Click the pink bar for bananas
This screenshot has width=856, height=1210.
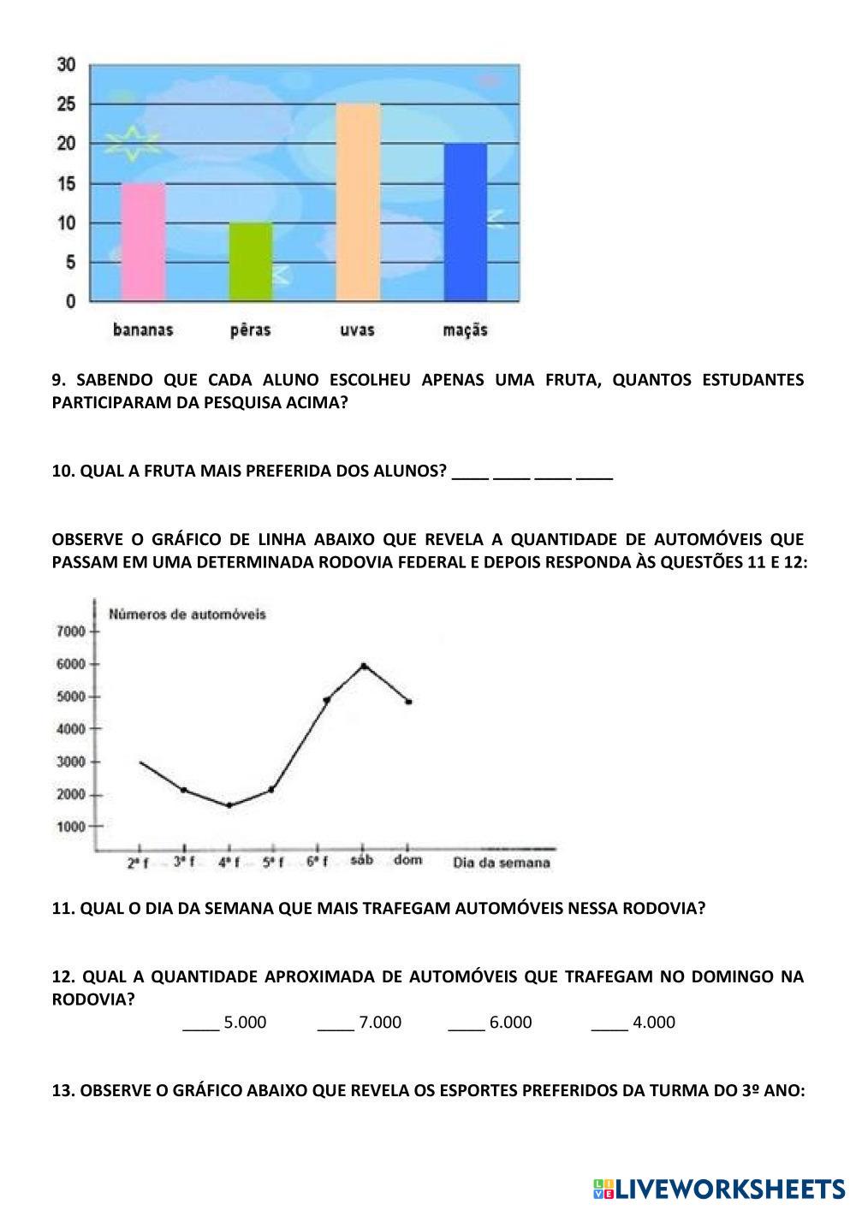pyautogui.click(x=143, y=242)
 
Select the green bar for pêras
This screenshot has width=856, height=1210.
pyautogui.click(x=251, y=262)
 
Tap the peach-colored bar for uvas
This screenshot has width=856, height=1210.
pyautogui.click(x=358, y=202)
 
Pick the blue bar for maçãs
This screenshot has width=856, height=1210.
pyautogui.click(x=465, y=222)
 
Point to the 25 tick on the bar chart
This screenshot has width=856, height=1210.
pyautogui.click(x=67, y=104)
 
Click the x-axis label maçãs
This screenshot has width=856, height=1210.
pyautogui.click(x=465, y=330)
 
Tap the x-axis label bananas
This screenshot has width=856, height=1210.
pyautogui.click(x=143, y=330)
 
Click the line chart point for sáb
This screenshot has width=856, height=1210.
pyautogui.click(x=364, y=665)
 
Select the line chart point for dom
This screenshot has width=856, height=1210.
pyautogui.click(x=408, y=702)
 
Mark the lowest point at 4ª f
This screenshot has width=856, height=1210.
pyautogui.click(x=229, y=805)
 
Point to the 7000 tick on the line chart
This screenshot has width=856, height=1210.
pyautogui.click(x=71, y=632)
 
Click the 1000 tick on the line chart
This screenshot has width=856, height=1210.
pyautogui.click(x=71, y=827)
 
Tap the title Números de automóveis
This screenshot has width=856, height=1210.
pyautogui.click(x=187, y=614)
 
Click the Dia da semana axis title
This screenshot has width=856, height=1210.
pyautogui.click(x=501, y=863)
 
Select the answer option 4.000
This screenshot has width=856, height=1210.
pyautogui.click(x=654, y=1023)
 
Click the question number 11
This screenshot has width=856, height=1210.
pyautogui.click(x=63, y=909)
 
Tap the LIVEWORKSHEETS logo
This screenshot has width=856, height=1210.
pyautogui.click(x=719, y=1189)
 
